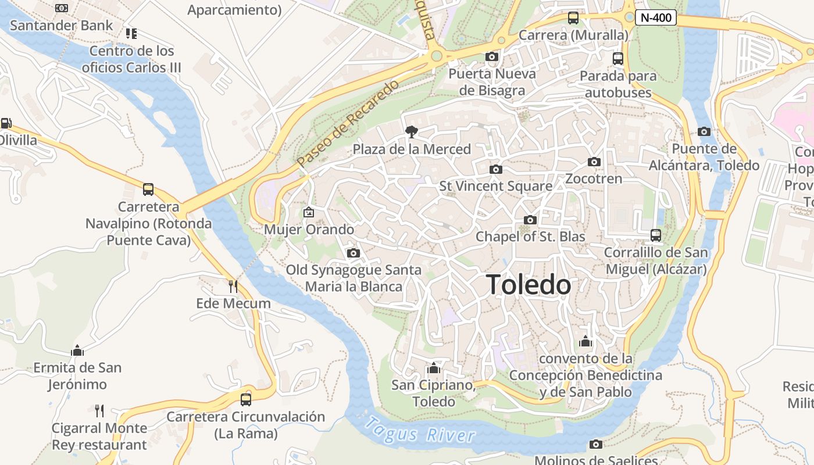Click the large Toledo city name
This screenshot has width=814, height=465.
point(529,285)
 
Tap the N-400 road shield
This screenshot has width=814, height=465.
point(656,17)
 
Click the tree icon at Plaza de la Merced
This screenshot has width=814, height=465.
point(412,132)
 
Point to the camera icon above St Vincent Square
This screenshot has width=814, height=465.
point(495,169)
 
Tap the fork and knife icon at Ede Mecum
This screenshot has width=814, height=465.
point(233,286)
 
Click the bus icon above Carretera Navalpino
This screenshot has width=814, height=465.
point(148,189)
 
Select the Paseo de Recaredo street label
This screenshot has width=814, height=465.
point(348,123)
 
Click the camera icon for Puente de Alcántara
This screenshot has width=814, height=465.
point(704,131)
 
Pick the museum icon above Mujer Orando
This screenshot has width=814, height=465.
point(309,212)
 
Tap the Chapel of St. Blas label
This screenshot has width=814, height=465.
point(530,237)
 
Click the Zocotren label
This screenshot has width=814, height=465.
point(594,178)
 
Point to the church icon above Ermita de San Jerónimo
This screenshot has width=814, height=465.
point(77,350)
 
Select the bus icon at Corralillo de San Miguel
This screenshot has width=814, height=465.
point(656,235)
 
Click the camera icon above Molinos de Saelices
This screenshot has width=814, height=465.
point(595,444)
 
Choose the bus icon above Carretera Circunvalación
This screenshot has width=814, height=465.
point(246,399)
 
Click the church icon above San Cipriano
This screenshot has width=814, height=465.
point(433,368)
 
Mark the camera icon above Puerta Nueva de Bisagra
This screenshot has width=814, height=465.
point(492,56)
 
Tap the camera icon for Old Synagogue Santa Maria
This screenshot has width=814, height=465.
point(353,253)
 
